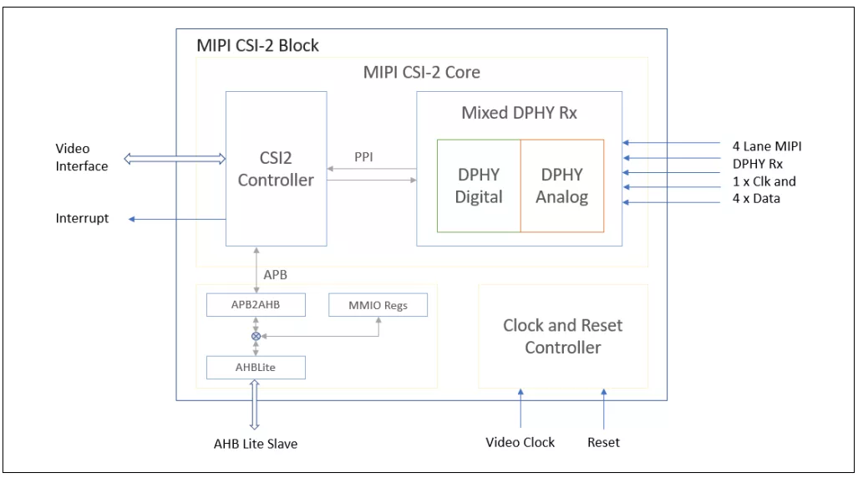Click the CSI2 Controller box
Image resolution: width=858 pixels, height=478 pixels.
click(x=276, y=170)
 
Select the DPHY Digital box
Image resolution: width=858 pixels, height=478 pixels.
click(x=479, y=186)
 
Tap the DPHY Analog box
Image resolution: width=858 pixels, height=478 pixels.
click(x=561, y=186)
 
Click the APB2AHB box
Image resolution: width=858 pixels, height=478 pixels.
click(x=255, y=305)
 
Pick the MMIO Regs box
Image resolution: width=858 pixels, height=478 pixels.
click(x=378, y=305)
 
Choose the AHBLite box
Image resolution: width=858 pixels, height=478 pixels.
click(x=255, y=366)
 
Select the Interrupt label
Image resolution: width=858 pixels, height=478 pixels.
click(x=81, y=220)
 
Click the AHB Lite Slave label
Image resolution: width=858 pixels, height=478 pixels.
click(x=256, y=444)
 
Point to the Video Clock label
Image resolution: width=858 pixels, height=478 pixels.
click(x=520, y=441)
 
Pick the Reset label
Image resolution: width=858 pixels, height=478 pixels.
click(x=602, y=441)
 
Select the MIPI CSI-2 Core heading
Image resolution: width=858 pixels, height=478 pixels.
click(x=422, y=72)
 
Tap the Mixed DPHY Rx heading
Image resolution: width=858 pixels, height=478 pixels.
click(x=519, y=113)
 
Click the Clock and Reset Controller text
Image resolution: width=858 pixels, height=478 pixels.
click(x=562, y=336)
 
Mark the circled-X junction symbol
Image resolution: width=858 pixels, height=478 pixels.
click(x=255, y=335)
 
